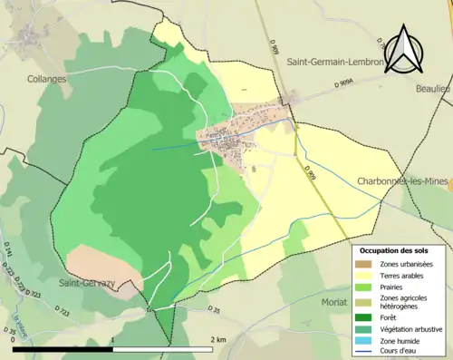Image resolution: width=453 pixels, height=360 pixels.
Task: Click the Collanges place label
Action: (x=46, y=79)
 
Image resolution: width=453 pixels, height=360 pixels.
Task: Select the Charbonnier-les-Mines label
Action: (x=402, y=180)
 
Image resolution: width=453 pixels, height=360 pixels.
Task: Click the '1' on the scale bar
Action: (x=111, y=340)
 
